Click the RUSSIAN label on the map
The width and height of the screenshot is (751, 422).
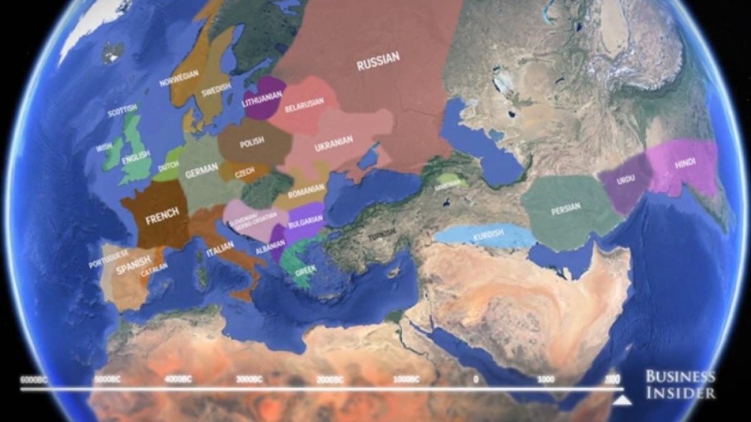click(378, 61)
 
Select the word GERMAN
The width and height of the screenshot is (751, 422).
click(202, 168)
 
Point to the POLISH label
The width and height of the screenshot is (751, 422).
click(252, 142)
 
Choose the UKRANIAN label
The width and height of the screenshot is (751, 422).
click(334, 143)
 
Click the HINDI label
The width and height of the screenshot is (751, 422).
click(685, 164)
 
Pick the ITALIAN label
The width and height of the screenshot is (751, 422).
click(219, 253)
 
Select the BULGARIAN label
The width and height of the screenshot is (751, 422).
click(305, 220)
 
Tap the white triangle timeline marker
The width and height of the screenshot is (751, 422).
click(621, 400)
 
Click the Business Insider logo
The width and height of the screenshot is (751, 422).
click(680, 384)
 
